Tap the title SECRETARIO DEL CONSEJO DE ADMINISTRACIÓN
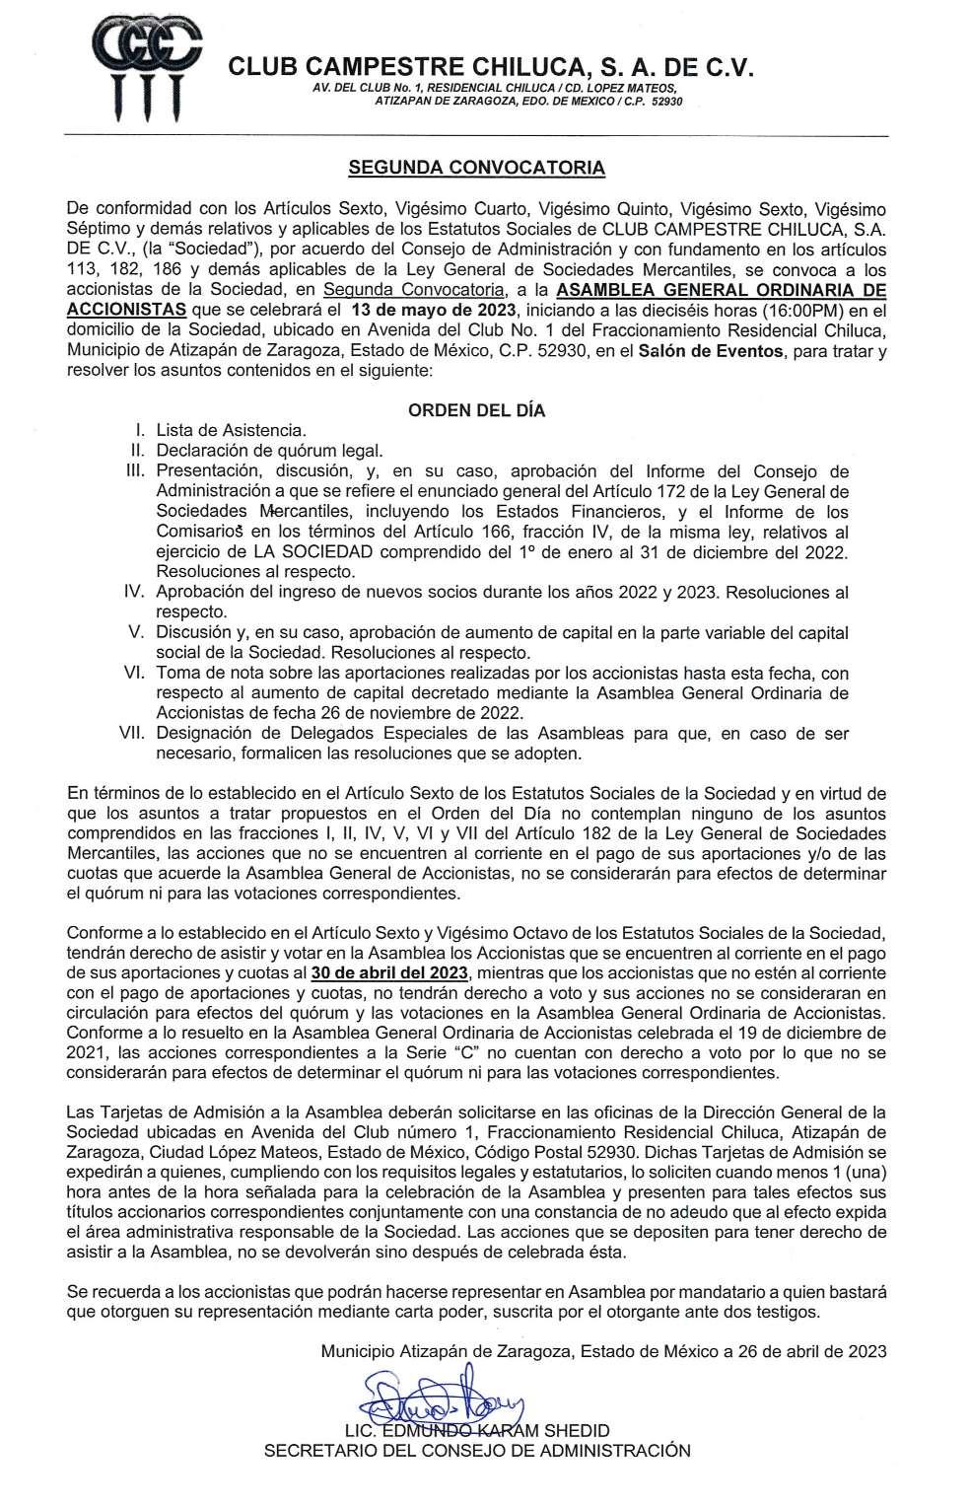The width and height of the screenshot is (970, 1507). pyautogui.click(x=476, y=1451)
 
